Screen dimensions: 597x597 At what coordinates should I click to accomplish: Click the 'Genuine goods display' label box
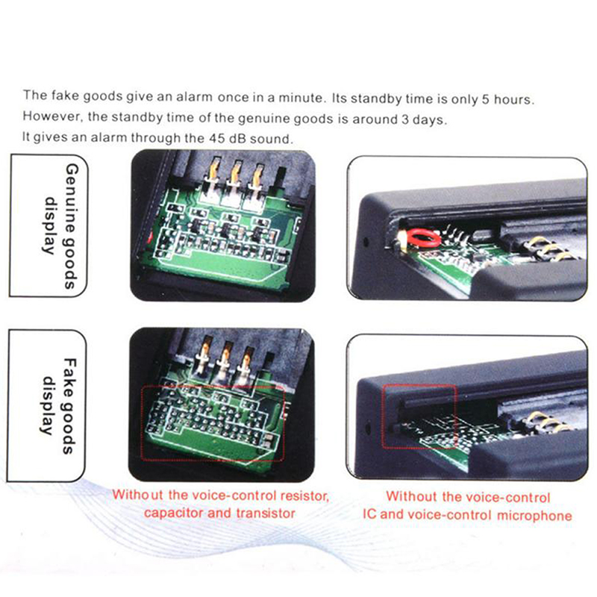click(x=49, y=225)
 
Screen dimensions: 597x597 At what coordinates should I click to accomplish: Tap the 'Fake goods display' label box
click(x=46, y=405)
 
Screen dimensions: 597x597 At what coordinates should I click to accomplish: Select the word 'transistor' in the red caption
click(x=266, y=513)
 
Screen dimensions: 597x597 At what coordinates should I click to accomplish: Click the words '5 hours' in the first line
click(x=508, y=99)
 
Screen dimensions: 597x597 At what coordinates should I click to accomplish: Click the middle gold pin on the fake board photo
click(x=225, y=356)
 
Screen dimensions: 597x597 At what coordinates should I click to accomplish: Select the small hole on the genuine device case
click(x=366, y=241)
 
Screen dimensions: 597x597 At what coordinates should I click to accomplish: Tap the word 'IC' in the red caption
click(x=369, y=513)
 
